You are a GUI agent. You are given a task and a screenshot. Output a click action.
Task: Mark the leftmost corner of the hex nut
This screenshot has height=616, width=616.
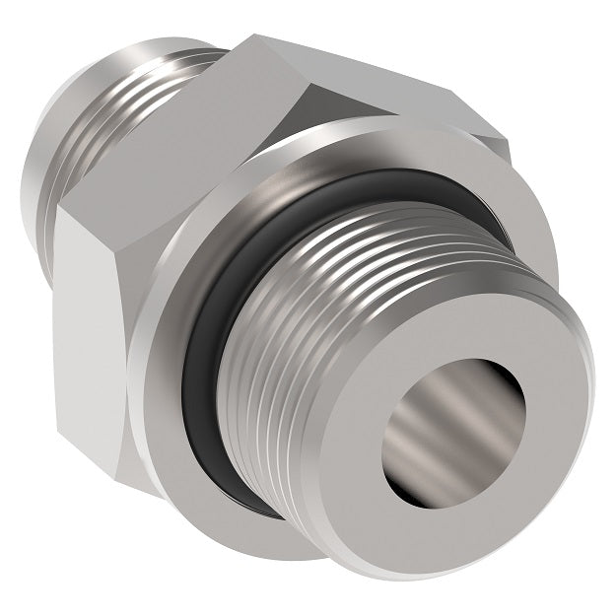56,212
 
